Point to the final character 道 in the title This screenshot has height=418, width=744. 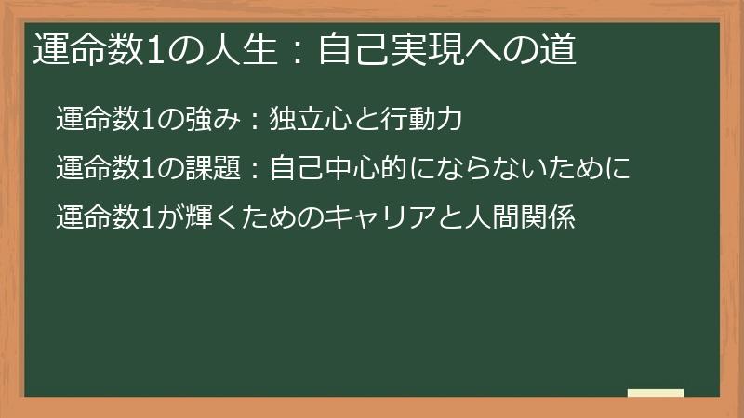558,49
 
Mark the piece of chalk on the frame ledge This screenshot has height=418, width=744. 655,393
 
